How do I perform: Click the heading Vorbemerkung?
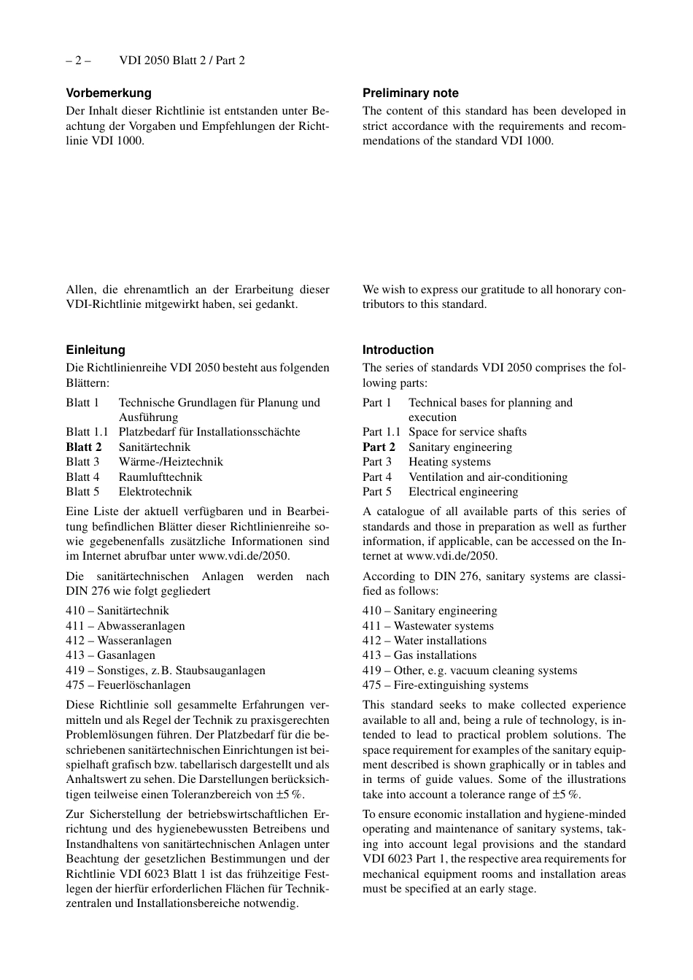pyautogui.click(x=109, y=93)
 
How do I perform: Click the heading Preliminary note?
pyautogui.click(x=411, y=93)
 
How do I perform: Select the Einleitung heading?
pyautogui.click(x=96, y=350)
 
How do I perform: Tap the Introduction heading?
pyautogui.click(x=398, y=350)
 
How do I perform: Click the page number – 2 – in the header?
pyautogui.click(x=78, y=61)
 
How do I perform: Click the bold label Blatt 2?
pyautogui.click(x=84, y=447)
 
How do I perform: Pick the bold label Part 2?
pyautogui.click(x=379, y=447)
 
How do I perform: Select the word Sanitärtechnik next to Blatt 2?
pyautogui.click(x=155, y=447)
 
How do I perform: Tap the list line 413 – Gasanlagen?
pyautogui.click(x=110, y=655)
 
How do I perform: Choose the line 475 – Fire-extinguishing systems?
pyautogui.click(x=445, y=685)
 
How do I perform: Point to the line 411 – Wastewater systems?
pyautogui.click(x=428, y=625)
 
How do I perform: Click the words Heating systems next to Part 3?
pyautogui.click(x=449, y=462)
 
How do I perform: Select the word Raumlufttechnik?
pyautogui.click(x=160, y=477)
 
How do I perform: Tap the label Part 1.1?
pyautogui.click(x=382, y=432)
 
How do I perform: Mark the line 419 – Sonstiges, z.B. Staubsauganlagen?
pyautogui.click(x=166, y=670)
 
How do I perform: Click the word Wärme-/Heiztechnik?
pyautogui.click(x=171, y=462)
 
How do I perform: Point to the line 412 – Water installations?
pyautogui.click(x=425, y=641)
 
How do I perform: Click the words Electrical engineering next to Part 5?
pyautogui.click(x=463, y=492)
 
